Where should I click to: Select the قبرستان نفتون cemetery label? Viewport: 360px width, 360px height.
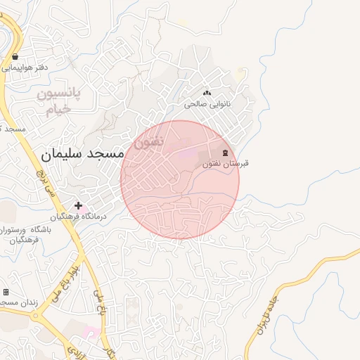pos(226,164)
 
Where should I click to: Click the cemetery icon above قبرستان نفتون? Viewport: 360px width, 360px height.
pos(226,153)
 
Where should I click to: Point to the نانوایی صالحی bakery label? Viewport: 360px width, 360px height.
pos(207,103)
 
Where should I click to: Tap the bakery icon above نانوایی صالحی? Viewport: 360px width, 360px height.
pos(207,93)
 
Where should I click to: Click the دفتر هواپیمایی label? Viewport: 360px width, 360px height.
pos(25,68)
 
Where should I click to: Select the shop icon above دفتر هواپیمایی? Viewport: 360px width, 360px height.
pos(15,56)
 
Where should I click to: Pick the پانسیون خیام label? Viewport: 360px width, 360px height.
pos(59,101)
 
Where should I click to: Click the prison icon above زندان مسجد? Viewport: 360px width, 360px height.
pos(6,292)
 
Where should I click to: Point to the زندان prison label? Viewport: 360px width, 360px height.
pos(15,302)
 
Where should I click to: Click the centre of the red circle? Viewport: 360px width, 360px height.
pos(180,180)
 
